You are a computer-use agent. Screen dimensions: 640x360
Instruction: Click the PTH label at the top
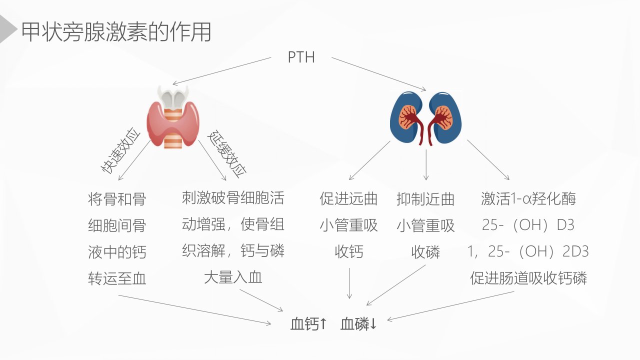(301, 57)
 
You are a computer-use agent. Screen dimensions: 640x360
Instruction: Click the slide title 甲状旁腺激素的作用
(116, 31)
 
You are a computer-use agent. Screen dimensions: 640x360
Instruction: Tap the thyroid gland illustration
(173, 116)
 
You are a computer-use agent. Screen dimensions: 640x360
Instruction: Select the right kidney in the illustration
(444, 117)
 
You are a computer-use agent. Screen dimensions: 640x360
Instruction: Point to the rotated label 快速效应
(120, 150)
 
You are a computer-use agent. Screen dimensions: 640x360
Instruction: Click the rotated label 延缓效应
(226, 154)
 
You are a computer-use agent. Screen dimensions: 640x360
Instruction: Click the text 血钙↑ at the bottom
(308, 324)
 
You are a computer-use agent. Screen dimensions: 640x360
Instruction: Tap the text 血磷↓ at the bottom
(358, 324)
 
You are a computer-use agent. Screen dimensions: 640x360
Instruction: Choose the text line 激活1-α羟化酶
(528, 198)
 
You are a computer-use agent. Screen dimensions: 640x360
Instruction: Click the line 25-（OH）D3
(528, 225)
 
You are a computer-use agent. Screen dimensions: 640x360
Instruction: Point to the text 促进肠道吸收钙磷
(528, 278)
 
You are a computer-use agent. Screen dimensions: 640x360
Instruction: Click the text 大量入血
(233, 277)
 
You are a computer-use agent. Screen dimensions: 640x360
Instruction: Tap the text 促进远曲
(348, 199)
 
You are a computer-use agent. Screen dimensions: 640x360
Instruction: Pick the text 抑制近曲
(425, 199)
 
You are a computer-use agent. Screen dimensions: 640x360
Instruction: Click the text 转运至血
(117, 278)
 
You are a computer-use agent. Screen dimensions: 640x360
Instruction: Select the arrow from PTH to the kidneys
(379, 74)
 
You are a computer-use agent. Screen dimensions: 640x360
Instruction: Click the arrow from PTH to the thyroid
(222, 71)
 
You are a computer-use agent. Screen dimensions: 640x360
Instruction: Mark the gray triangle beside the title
(6, 29)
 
